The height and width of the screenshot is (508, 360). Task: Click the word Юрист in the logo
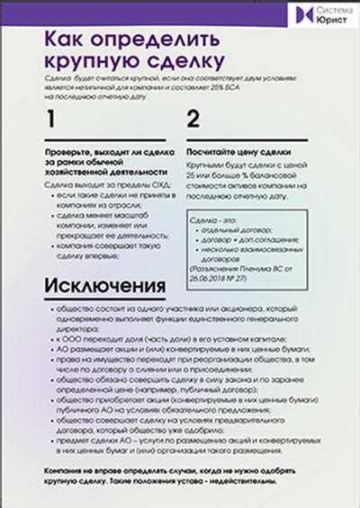tap(328, 19)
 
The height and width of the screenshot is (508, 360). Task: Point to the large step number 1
tap(51, 119)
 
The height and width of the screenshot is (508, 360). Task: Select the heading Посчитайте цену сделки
tap(238, 153)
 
